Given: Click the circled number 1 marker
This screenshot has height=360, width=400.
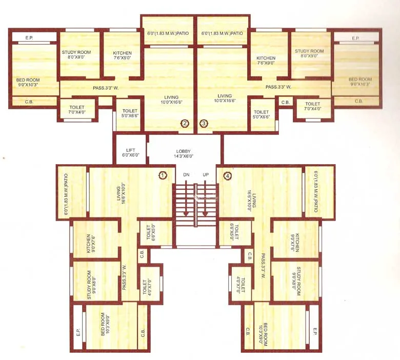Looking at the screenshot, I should pos(163,175).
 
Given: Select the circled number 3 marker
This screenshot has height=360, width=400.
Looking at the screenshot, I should pos(204,123).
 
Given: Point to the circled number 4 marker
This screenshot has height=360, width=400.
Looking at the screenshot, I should pos(228,176).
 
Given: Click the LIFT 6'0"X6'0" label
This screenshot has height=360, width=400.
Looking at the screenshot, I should pos(130,152).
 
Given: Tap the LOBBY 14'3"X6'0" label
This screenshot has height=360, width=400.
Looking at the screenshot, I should pos(184,153).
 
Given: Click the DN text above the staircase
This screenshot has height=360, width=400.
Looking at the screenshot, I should pos(186,175).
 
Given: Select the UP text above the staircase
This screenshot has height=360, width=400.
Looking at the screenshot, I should pos(206,175).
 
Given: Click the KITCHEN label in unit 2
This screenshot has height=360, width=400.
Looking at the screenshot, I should pos(122,55).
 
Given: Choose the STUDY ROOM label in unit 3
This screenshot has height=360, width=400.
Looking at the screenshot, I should pos(309,53).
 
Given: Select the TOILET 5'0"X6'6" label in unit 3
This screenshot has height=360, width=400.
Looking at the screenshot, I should pos(261,114).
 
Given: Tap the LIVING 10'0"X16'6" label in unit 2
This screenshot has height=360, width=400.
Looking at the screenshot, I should pos(171,99).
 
